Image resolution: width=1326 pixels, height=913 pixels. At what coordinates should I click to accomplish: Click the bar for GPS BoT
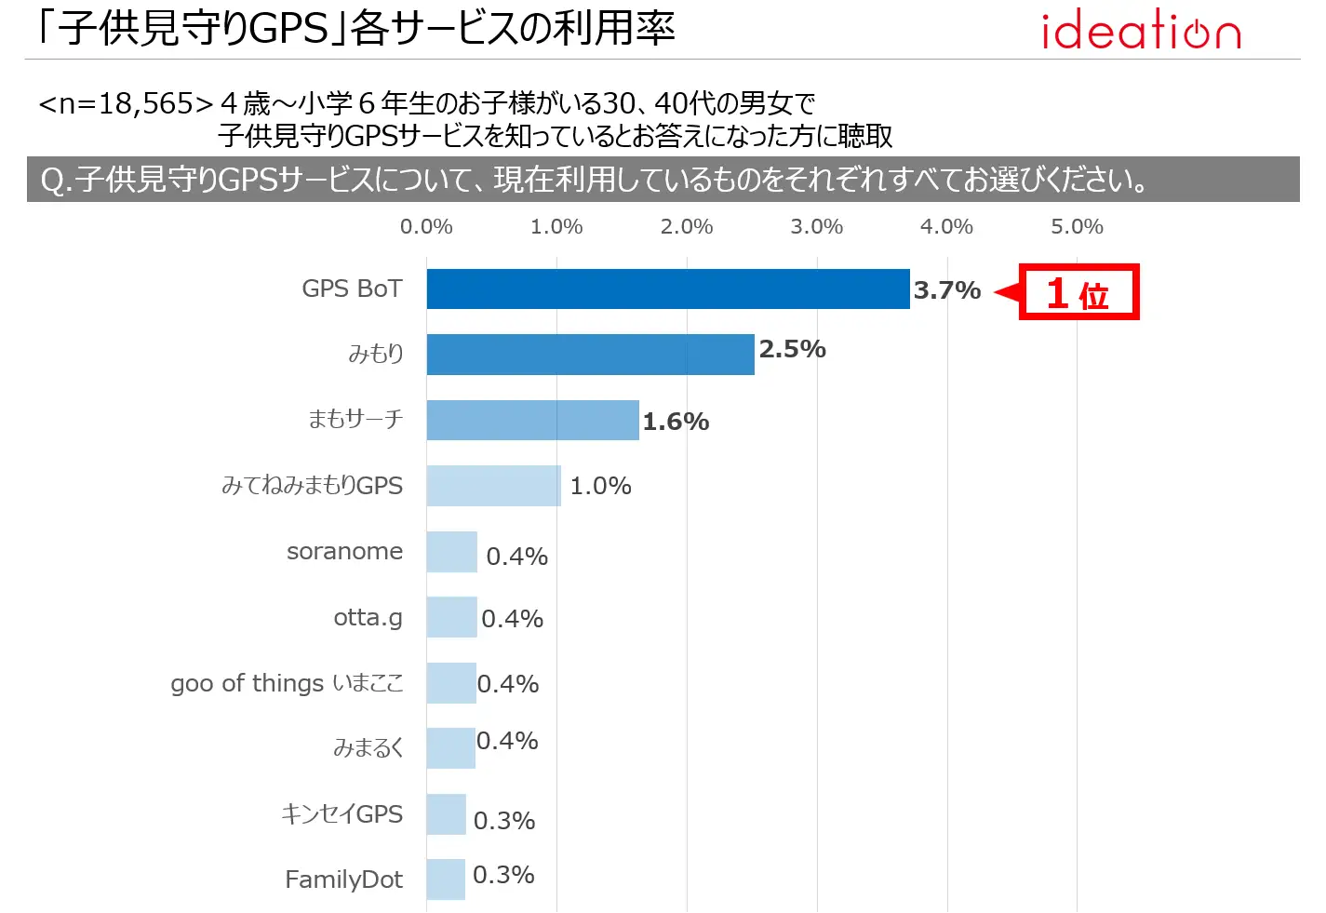click(x=667, y=289)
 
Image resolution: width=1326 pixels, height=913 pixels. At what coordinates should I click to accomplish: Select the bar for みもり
click(x=590, y=355)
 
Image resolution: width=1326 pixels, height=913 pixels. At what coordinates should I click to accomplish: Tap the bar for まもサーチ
click(x=532, y=420)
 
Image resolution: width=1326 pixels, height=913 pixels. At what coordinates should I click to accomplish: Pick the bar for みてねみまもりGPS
click(x=493, y=486)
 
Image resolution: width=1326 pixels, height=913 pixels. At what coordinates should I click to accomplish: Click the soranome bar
click(x=451, y=552)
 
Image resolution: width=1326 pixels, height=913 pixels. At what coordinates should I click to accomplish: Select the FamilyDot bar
click(x=446, y=879)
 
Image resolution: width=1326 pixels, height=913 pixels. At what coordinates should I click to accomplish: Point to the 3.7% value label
click(x=946, y=290)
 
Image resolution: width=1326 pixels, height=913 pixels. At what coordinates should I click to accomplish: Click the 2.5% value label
click(x=792, y=349)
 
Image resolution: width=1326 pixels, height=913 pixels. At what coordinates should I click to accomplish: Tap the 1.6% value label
click(x=676, y=422)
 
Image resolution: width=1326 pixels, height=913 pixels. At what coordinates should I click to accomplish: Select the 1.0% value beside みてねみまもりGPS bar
click(x=600, y=486)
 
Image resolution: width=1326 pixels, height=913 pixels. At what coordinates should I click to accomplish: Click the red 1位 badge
click(x=1078, y=293)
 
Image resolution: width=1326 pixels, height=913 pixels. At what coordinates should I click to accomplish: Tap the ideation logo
click(x=1141, y=31)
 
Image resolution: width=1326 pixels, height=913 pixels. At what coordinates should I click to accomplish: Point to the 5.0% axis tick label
click(x=1077, y=226)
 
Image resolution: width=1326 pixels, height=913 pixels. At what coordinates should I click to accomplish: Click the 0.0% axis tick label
click(x=426, y=226)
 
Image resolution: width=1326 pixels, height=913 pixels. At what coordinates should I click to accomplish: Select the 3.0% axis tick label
click(x=816, y=226)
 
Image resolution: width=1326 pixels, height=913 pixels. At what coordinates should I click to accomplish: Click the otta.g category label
click(x=368, y=617)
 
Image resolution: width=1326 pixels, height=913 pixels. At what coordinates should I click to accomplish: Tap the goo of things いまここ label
click(x=287, y=683)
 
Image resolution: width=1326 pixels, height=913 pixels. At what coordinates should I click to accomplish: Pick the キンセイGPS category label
click(x=342, y=814)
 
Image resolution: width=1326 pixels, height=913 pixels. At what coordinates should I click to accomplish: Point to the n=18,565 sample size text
click(x=127, y=103)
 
